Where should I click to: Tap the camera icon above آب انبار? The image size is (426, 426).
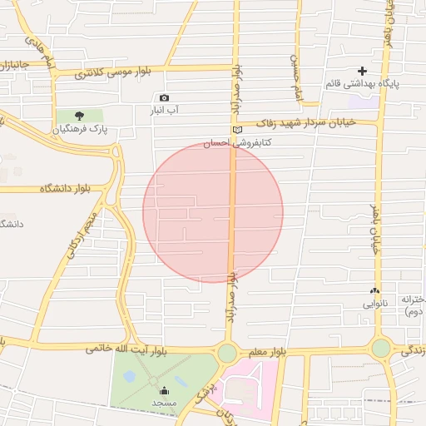(164, 98)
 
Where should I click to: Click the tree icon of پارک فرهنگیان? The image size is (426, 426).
(79, 116)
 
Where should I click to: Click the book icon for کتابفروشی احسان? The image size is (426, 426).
(237, 130)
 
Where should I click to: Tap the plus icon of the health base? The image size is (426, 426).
(362, 72)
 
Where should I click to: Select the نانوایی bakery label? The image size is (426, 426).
(374, 304)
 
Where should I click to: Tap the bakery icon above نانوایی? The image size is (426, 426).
(374, 291)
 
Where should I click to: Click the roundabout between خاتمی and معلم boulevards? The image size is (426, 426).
(227, 353)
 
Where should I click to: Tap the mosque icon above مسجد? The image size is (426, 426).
(164, 389)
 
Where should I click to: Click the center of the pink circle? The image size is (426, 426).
(213, 212)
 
